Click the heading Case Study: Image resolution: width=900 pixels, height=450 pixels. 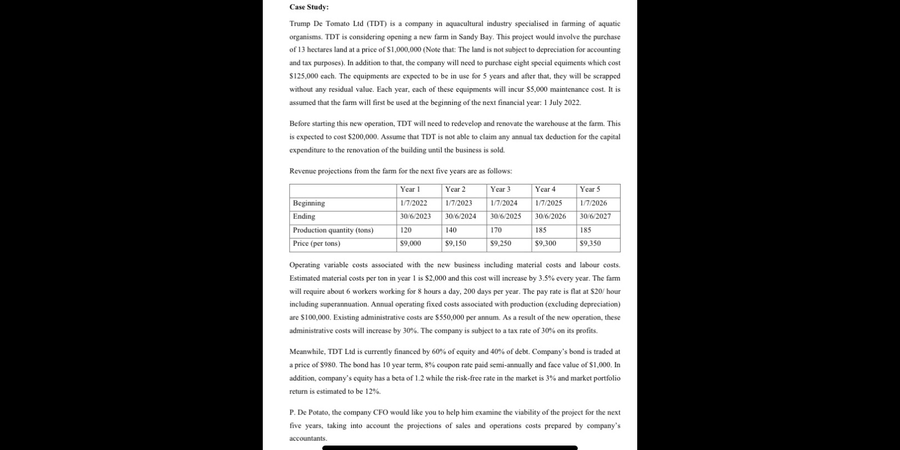309,7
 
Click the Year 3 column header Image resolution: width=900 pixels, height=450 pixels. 500,189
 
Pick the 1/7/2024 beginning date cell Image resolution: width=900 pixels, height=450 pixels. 503,203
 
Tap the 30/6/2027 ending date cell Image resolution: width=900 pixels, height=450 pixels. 595,217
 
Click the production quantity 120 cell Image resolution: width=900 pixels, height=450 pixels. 406,230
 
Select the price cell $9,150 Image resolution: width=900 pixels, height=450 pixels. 456,243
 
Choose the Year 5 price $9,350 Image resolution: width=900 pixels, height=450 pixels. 590,243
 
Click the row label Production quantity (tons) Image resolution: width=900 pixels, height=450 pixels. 333,230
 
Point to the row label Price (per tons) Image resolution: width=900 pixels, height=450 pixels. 317,243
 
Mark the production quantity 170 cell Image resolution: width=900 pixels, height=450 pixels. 496,230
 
